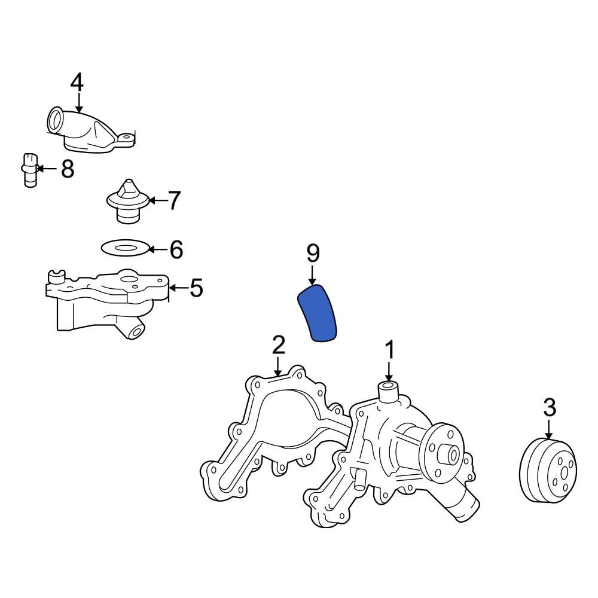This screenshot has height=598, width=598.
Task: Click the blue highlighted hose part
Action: click(x=318, y=313)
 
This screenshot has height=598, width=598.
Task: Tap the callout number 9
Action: click(x=313, y=254)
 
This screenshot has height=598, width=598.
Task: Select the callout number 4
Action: click(x=77, y=83)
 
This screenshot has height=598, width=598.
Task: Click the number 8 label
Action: click(x=67, y=169)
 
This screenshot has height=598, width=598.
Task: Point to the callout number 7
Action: click(x=173, y=201)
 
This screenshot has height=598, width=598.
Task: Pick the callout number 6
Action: click(x=175, y=249)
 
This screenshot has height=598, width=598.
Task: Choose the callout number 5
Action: click(x=196, y=289)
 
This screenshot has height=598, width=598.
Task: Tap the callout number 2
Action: click(x=278, y=345)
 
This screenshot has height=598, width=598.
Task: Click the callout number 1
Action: click(x=389, y=350)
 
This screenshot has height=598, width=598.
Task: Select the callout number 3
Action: click(x=549, y=408)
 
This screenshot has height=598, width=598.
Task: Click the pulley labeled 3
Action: click(x=548, y=469)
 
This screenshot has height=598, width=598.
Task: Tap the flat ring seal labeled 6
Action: click(x=124, y=247)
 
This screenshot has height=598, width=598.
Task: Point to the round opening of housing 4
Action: click(x=56, y=120)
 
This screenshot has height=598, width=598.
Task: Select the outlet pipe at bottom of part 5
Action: click(x=133, y=331)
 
